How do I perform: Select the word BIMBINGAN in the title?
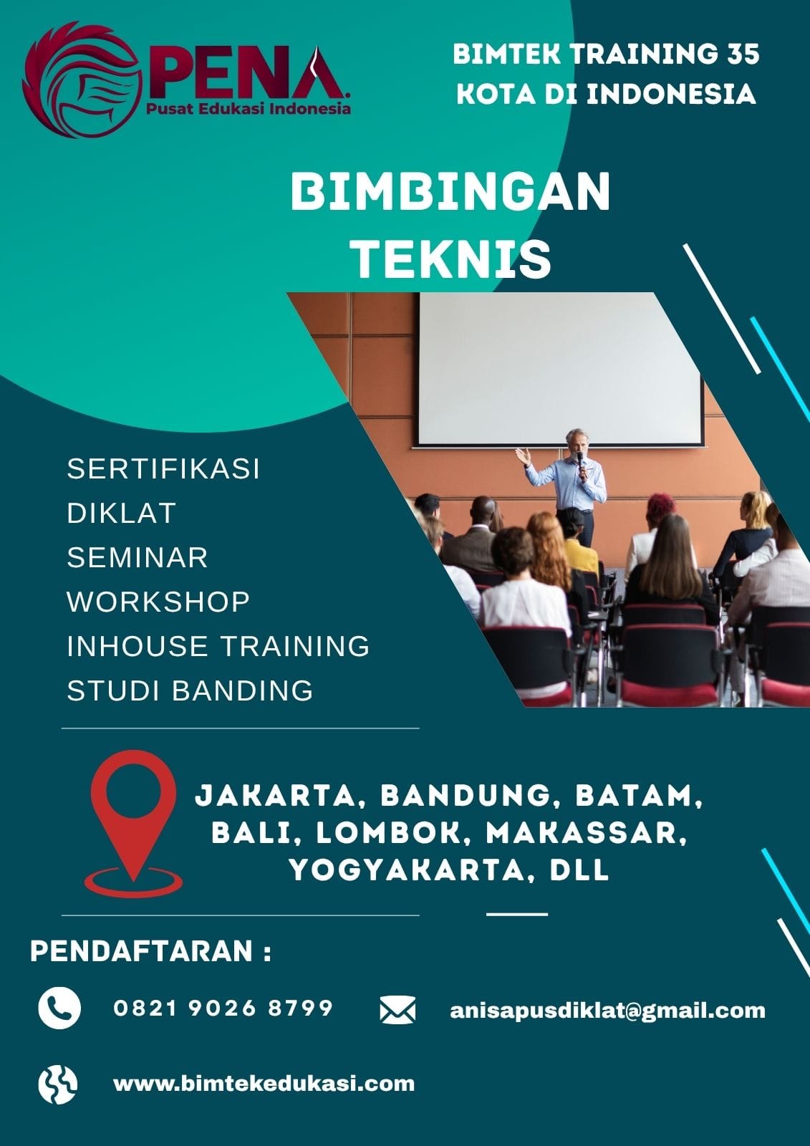point(450,191)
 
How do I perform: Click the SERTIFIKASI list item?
point(163,468)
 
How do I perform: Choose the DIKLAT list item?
point(121,513)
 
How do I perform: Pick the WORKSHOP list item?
point(158,602)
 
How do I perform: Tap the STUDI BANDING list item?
point(190,690)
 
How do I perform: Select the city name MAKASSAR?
point(585,833)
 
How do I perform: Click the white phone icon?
point(59,1008)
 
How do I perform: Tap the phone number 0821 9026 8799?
point(223,1008)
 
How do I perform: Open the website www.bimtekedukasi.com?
point(264,1083)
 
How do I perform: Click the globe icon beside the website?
point(58,1084)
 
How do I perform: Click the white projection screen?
point(560,370)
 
